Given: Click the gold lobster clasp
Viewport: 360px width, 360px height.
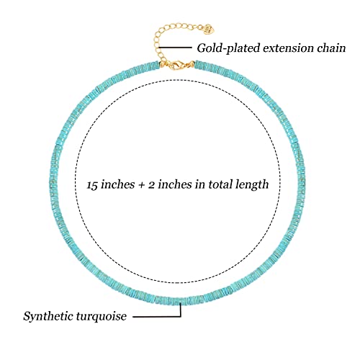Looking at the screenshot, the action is pos(176,66).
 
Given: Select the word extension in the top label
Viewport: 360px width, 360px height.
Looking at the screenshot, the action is pos(289,48).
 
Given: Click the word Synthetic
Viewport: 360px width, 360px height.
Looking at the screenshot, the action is pos(48,316).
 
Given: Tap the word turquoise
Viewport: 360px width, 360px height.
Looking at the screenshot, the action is pos(102,317).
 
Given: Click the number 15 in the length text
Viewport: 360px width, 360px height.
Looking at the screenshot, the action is pos(92,185).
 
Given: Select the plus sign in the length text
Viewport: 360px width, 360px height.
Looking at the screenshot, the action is pos(142,185).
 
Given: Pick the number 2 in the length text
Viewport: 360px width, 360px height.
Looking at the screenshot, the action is pos(151,185).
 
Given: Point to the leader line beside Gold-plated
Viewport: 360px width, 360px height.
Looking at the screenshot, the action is pos(175,48).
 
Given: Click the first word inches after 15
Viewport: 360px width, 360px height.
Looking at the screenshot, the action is pos(117,184).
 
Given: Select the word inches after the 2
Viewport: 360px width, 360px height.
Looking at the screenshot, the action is pos(175,184).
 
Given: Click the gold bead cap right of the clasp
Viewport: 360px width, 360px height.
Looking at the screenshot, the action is pos(191,65).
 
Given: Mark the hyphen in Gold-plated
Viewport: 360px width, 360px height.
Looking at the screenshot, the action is pos(225,49).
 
